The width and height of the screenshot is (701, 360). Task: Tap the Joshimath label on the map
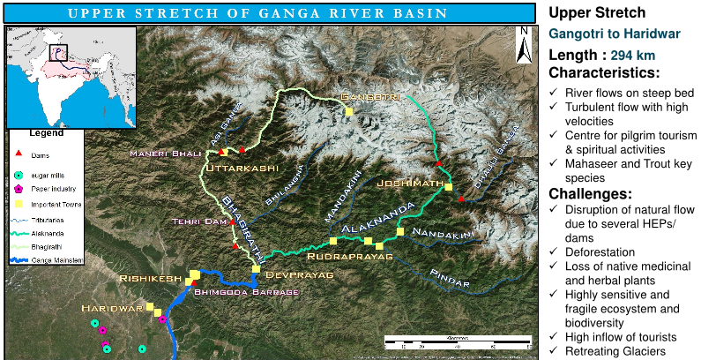406,183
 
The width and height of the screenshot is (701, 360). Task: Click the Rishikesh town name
151,278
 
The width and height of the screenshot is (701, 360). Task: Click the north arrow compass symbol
523,43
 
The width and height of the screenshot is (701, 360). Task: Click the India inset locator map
71,77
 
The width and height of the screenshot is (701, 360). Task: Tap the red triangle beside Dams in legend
18,155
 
